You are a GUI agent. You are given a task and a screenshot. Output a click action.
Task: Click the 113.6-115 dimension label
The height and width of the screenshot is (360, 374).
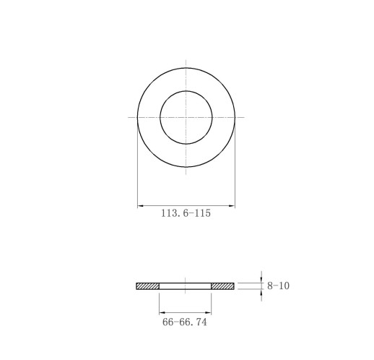[186, 213]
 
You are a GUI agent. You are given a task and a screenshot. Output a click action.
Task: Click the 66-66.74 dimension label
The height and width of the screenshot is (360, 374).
[185, 322]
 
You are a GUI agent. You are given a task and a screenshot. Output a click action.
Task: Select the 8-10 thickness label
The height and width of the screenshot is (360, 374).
[279, 286]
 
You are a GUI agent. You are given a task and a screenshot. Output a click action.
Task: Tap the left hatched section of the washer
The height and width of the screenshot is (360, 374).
[148, 286]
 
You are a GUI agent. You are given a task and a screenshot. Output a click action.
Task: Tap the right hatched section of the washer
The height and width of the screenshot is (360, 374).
[222, 286]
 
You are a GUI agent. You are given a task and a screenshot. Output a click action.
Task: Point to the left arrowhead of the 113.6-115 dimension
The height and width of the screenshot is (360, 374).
[140, 206]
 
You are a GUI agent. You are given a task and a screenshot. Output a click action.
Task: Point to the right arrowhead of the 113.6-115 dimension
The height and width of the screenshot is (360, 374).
[232, 206]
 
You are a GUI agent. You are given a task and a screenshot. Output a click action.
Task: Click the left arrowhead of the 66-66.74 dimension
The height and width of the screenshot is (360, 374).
[162, 313]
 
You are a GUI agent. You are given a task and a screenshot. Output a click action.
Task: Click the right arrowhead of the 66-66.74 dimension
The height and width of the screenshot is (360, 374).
[209, 313]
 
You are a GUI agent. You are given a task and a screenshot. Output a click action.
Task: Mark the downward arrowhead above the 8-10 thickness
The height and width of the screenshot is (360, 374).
[261, 280]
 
